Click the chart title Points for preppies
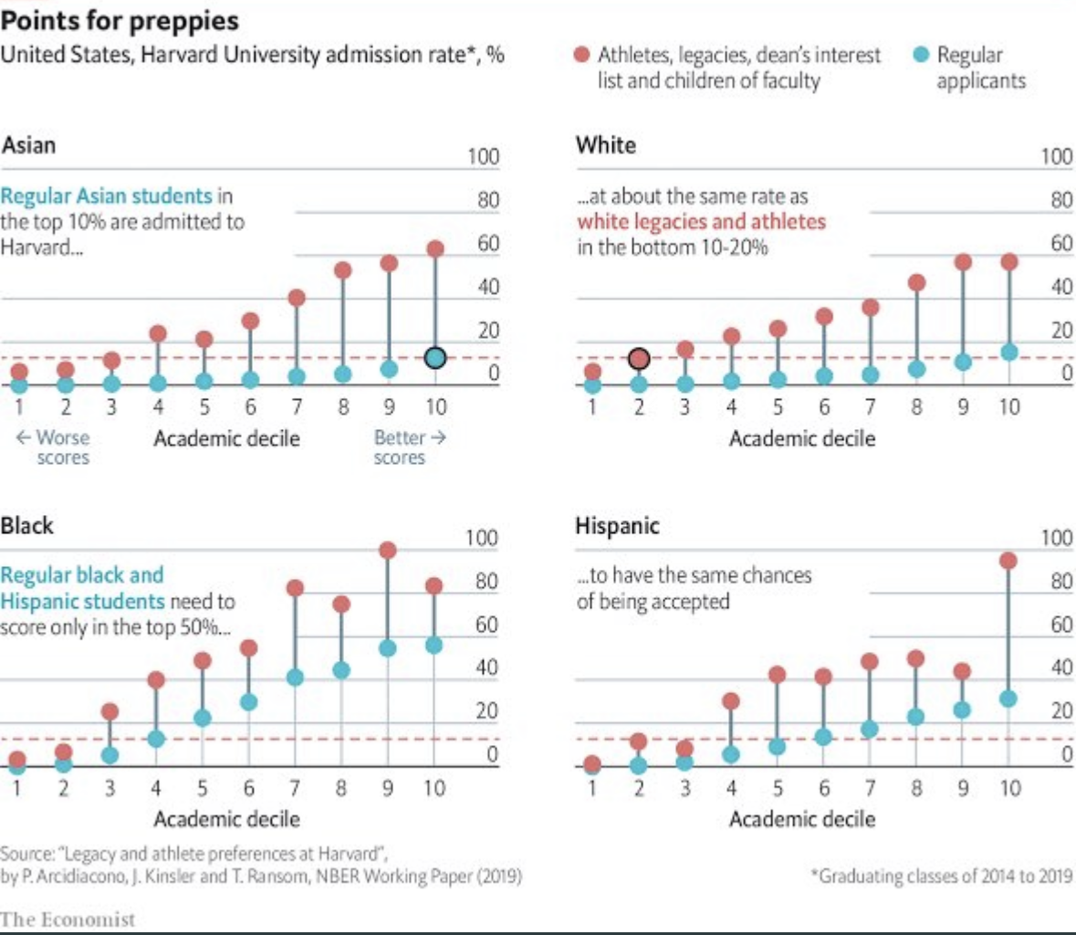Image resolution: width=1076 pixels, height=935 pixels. tap(120, 20)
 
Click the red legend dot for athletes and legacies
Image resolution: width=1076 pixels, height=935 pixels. tap(581, 55)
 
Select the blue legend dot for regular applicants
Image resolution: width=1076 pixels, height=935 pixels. tap(922, 55)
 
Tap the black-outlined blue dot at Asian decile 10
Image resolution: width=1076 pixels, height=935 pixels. tap(435, 358)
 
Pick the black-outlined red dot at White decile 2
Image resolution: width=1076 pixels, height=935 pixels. tap(639, 359)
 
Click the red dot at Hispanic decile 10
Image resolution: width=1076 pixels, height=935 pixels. tap(1008, 561)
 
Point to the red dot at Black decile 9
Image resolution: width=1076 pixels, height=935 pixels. tap(388, 550)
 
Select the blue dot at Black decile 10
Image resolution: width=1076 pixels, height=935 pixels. tap(434, 646)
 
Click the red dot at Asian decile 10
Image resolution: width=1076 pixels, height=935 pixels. tap(435, 249)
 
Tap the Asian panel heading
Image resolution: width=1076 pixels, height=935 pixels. tap(28, 145)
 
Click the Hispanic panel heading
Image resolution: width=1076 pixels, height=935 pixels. tap(617, 526)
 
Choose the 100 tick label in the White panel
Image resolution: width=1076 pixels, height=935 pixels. tap(1057, 156)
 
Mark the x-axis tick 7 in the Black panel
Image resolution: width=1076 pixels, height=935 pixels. tap(295, 788)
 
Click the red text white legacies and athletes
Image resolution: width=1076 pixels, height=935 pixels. tap(701, 222)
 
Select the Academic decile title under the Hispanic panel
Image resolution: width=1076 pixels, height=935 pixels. tap(801, 819)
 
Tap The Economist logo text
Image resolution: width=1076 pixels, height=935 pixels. tap(68, 919)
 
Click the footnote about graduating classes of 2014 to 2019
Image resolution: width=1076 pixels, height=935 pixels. tap(942, 877)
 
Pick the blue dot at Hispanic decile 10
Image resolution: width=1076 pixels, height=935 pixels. tap(1008, 699)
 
